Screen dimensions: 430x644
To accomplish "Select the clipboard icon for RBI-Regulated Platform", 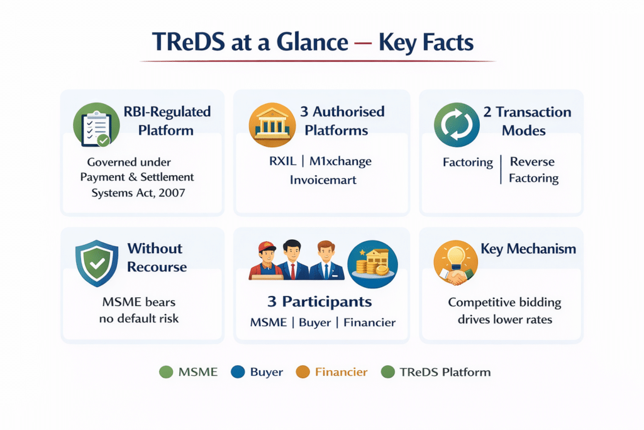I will (92, 125).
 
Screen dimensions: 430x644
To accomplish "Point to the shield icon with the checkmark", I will (95, 261).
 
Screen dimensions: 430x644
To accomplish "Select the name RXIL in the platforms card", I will (279, 161).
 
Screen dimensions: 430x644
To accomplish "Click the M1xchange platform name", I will (340, 161).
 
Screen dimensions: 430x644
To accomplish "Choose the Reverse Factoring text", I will (533, 170).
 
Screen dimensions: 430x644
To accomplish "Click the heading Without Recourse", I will (157, 257).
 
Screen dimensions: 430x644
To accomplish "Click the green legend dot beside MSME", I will (166, 372).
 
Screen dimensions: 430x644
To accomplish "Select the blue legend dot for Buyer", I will (237, 372).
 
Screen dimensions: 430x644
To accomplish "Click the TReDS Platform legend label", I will (445, 372).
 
